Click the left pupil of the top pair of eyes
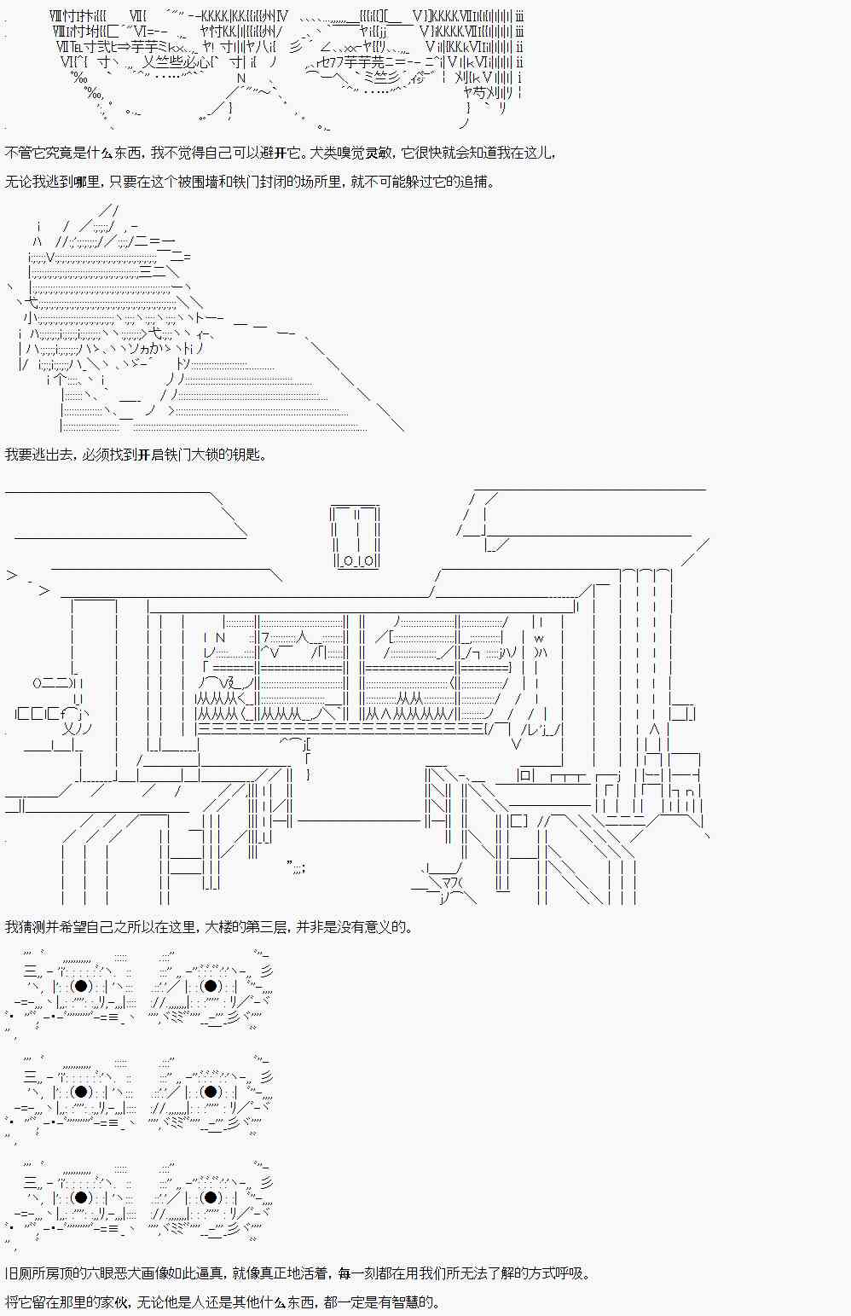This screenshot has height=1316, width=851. coord(81,986)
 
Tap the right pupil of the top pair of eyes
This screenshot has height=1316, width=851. coord(211,986)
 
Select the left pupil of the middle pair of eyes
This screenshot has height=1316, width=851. coord(81,1092)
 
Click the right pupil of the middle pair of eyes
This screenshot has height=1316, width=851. coord(211,1092)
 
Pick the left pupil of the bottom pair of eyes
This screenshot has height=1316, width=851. coord(81,1197)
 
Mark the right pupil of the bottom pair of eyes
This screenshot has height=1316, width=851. coord(211,1197)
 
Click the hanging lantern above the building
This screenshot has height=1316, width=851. coord(356,536)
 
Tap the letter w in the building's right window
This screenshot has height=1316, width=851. coord(539,638)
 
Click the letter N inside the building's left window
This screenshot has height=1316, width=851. coord(220,637)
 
